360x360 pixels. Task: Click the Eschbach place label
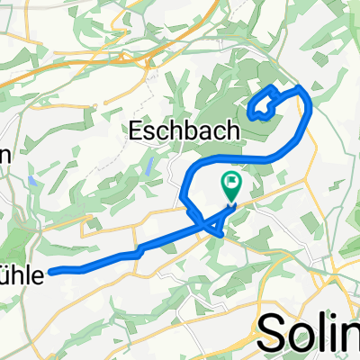coord(184,130)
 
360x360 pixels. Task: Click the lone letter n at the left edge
coord(4,154)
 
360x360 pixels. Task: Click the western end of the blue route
coord(52,270)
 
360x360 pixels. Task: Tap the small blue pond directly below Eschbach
coord(149,164)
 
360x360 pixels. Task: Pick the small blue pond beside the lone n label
coord(32,181)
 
